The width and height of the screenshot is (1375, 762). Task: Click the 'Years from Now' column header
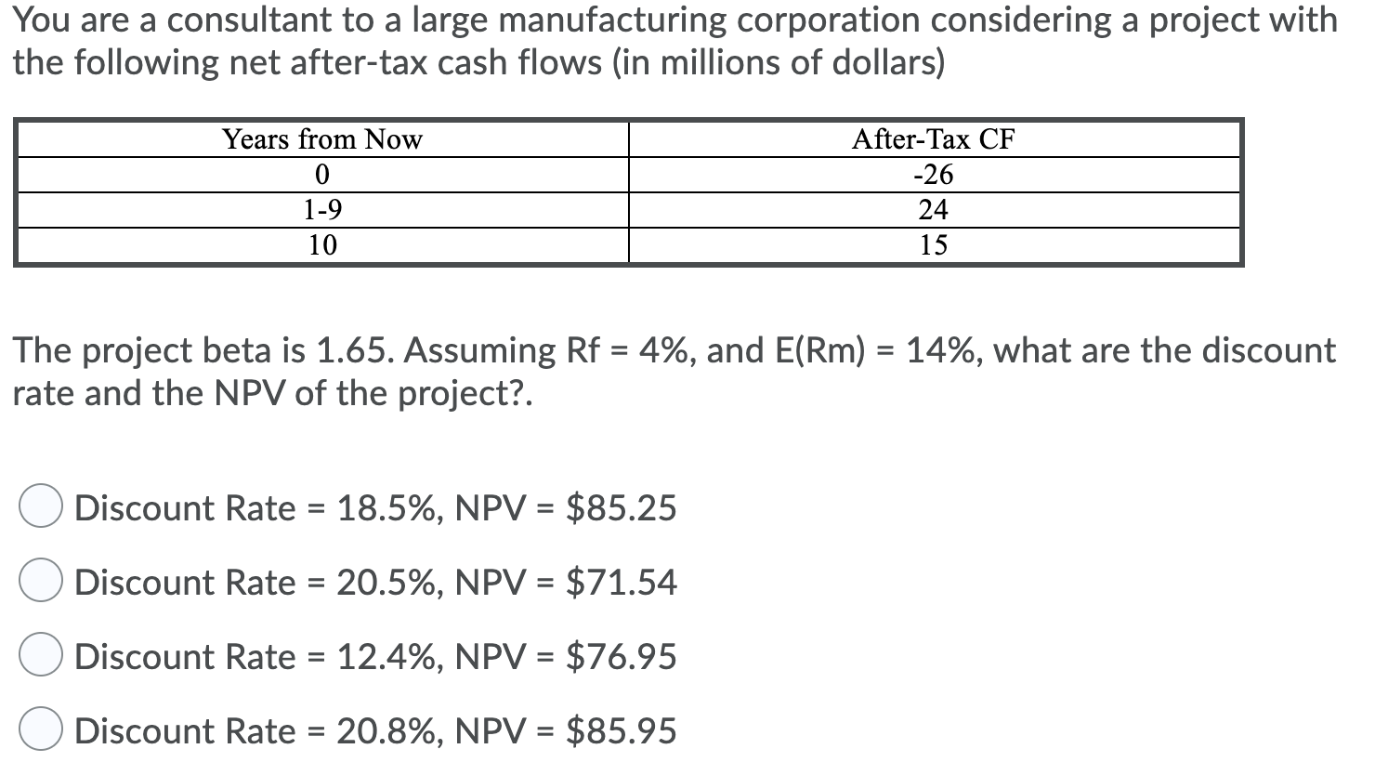(x=321, y=139)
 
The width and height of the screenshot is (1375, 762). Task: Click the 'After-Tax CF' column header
(x=933, y=139)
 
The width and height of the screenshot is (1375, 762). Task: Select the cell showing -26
(x=933, y=175)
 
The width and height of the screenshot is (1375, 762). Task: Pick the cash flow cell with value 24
(x=933, y=210)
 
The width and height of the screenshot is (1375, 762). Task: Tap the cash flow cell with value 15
(x=933, y=245)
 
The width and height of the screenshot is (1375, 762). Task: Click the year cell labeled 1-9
(x=321, y=210)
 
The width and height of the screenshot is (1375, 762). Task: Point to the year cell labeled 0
(x=321, y=175)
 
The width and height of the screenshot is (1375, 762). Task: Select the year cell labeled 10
(x=321, y=245)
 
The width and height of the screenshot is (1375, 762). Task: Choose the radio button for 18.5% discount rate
(x=41, y=507)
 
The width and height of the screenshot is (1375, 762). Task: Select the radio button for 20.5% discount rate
(x=41, y=582)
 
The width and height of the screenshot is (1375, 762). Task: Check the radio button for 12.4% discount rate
(x=41, y=656)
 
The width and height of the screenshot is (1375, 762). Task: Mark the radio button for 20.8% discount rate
(x=41, y=730)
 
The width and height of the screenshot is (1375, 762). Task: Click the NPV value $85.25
(x=621, y=508)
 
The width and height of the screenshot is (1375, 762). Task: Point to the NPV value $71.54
(x=621, y=583)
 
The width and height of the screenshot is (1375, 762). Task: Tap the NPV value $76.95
(x=621, y=657)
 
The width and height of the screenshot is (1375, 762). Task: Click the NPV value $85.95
(x=621, y=731)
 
